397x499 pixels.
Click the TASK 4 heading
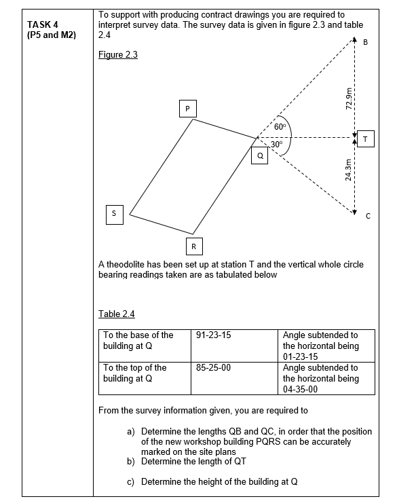pos(42,25)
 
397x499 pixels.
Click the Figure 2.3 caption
pos(118,55)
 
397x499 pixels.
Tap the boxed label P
pos(187,109)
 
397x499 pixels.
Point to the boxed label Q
pos(259,155)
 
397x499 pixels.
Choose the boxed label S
pos(114,213)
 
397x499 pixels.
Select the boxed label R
pos(193,245)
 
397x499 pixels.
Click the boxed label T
pos(366,138)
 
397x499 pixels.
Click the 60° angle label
pos(282,127)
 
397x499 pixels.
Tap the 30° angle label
pos(276,144)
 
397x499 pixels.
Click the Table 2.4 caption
pos(117,314)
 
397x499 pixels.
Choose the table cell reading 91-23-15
pos(214,335)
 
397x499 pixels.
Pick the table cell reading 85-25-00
pos(214,367)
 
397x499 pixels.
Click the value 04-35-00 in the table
pos(301,389)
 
